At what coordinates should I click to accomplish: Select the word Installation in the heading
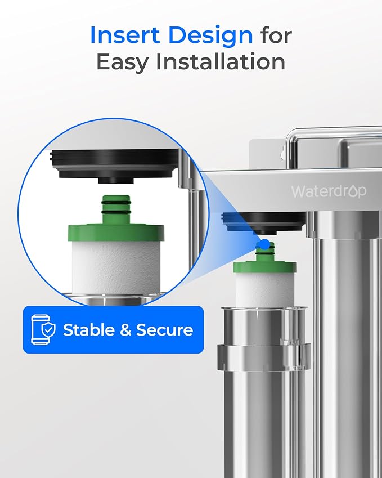coord(220,61)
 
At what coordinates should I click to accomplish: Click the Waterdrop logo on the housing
coord(329,191)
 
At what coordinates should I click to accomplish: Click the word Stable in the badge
coord(88,330)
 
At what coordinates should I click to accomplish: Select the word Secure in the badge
coord(164,330)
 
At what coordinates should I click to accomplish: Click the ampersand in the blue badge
coord(125,330)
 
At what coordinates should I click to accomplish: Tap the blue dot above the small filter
coord(265,244)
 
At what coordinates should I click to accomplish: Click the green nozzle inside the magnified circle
coord(116,204)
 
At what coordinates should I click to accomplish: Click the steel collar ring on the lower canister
coord(264,356)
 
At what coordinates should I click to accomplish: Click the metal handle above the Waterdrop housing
coord(334,143)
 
